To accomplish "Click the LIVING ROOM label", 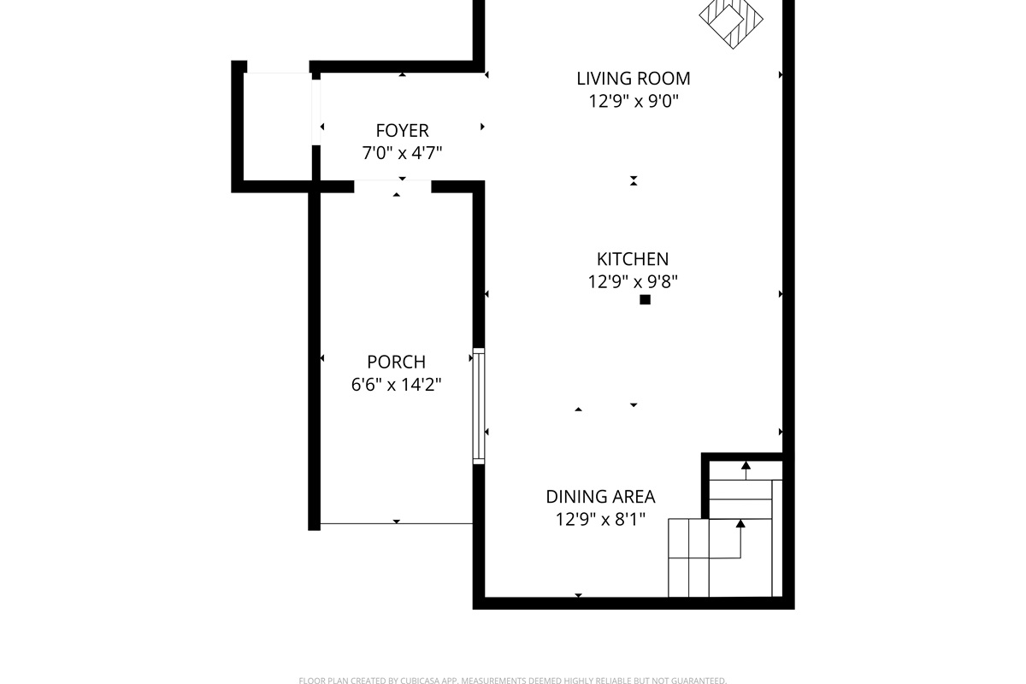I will [633, 79].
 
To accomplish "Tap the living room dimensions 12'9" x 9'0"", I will [633, 101].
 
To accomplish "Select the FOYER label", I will [402, 131].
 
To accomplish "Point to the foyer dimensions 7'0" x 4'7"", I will [402, 153].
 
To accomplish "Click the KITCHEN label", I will [633, 259].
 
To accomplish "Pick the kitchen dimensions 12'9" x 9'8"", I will [633, 281].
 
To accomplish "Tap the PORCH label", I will [396, 362].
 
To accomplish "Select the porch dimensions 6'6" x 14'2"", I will [396, 385].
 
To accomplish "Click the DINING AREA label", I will [600, 497].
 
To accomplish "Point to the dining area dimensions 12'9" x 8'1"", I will [600, 519].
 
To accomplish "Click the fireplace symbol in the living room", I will [731, 20].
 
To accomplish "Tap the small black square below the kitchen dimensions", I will [646, 299].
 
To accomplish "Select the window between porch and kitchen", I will [479, 406].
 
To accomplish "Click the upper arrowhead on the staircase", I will [746, 466].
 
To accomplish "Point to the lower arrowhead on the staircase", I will [740, 523].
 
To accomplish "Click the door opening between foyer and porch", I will [392, 186].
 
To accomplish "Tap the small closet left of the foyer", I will [277, 126].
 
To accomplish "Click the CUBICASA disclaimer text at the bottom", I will [513, 681].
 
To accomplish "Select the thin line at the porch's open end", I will [396, 523].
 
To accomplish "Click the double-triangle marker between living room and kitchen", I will [634, 180].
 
